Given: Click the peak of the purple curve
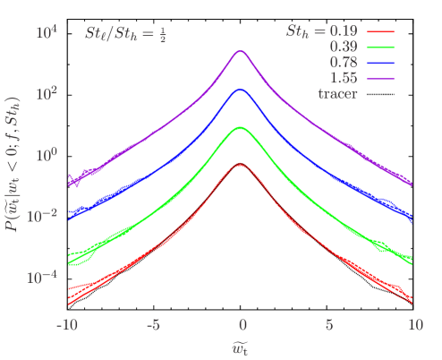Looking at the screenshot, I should coord(240,52).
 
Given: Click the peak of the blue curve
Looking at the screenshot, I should coord(240,90).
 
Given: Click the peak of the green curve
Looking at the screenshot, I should coord(240,128).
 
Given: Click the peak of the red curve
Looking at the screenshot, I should coord(240,165).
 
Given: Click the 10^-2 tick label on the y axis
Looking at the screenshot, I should coord(44,216).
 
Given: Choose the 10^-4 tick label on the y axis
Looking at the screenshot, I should coord(44,277).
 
